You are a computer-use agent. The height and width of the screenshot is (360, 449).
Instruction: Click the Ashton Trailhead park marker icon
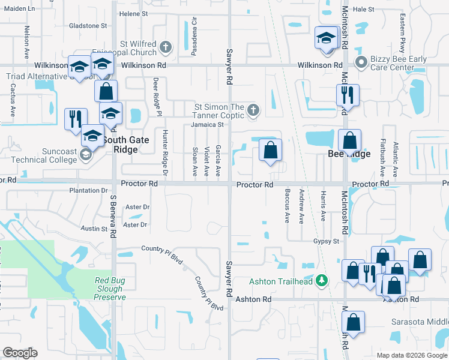[x=322, y=280]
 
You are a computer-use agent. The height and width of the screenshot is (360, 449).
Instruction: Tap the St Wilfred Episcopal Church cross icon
[x=166, y=46]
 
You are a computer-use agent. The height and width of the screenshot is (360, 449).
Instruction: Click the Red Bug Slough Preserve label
[x=110, y=289]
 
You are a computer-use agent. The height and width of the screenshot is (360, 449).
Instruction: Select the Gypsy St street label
[x=326, y=241]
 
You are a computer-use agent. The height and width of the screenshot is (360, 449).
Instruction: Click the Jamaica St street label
[x=207, y=125]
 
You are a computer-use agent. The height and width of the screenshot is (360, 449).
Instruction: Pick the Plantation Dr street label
[x=88, y=191]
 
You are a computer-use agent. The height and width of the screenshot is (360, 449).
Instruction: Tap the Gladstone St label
[x=88, y=26]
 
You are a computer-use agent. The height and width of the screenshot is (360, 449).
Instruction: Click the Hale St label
[x=363, y=9]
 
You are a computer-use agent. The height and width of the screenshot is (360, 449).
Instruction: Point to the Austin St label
[x=94, y=229]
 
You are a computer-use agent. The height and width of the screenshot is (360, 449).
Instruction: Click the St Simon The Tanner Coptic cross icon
[x=254, y=110]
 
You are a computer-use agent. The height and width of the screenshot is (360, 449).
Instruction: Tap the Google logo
[x=20, y=353]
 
